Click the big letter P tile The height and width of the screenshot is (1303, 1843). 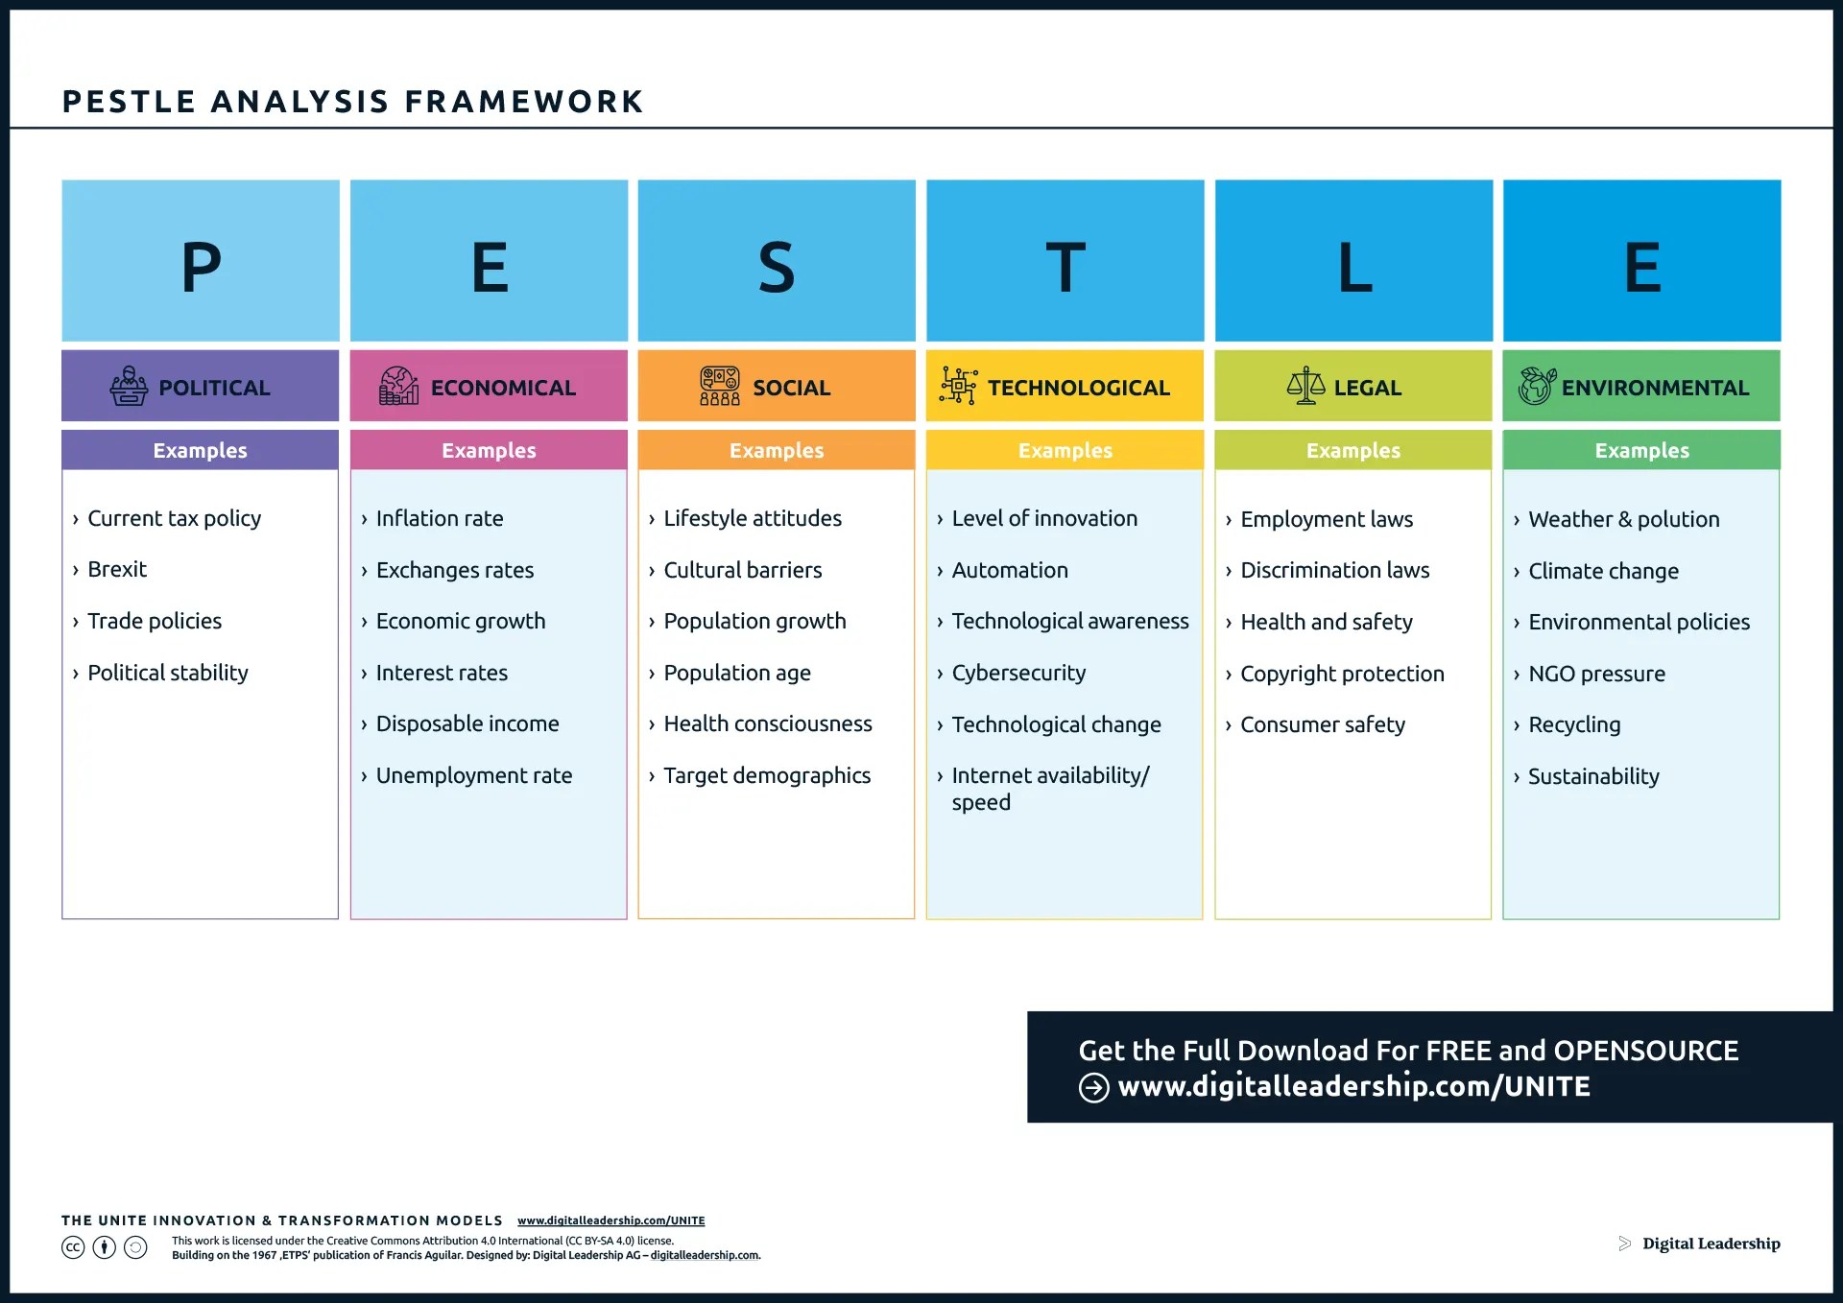(201, 261)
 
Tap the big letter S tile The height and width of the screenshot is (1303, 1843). (777, 261)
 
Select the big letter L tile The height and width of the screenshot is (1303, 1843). (1353, 261)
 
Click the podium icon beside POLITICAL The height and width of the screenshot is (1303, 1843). (129, 386)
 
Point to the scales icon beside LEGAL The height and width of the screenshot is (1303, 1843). (1305, 386)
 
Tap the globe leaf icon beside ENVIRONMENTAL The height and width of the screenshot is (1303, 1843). (1536, 386)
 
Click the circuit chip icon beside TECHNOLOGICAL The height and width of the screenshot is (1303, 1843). (958, 386)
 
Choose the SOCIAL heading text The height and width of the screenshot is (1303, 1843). (791, 388)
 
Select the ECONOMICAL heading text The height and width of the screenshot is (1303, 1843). (503, 388)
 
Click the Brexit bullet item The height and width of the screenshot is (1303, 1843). (117, 570)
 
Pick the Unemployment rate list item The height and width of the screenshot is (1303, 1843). (473, 775)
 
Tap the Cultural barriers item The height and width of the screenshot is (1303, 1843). (742, 570)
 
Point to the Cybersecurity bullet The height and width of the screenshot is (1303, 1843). (1018, 673)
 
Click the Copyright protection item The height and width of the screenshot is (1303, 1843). (1342, 674)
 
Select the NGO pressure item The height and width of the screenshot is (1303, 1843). (1596, 674)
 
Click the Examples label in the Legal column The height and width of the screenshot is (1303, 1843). (1353, 450)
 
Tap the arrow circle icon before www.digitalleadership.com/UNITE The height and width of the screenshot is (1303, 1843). (1094, 1087)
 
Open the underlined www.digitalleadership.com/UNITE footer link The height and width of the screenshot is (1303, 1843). (610, 1220)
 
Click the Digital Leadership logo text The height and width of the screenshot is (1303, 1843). (1711, 1244)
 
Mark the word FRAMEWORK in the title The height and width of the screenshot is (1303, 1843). (524, 102)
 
